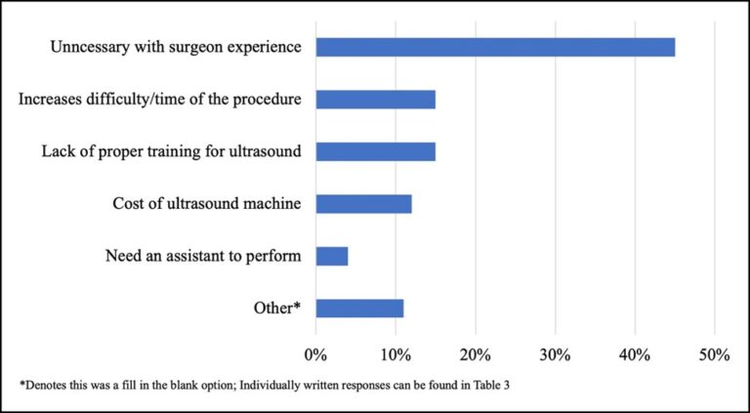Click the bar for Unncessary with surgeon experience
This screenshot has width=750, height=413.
495,47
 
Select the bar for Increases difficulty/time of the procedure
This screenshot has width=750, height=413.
375,100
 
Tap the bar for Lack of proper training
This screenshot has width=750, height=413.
375,151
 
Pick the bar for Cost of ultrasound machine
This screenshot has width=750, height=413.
363,204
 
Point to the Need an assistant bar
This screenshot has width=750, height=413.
332,257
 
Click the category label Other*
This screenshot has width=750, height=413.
276,310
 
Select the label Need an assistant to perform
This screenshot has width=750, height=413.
202,257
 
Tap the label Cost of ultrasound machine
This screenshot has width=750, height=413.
207,204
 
